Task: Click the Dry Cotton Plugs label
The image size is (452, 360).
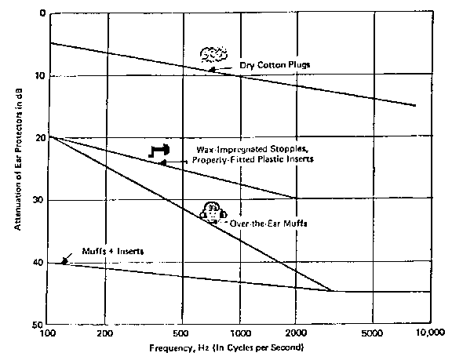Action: click(275, 65)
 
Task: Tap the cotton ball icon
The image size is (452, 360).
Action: click(213, 54)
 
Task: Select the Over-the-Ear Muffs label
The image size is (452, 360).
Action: click(268, 224)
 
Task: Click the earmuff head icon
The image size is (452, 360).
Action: click(213, 213)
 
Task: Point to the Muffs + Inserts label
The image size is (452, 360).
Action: click(113, 251)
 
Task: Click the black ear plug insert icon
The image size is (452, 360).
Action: click(159, 150)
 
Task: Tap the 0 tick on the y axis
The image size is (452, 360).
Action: click(42, 13)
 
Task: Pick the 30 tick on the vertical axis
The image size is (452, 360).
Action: click(39, 199)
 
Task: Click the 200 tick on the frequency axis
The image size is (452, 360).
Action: click(104, 333)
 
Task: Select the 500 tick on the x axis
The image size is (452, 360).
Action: click(180, 333)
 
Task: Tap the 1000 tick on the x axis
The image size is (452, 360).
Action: click(240, 333)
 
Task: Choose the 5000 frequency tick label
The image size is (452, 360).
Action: click(372, 333)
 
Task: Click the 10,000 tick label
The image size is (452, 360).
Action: click(430, 333)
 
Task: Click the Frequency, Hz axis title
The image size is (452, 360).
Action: click(226, 348)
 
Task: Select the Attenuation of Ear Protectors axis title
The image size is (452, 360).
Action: click(18, 159)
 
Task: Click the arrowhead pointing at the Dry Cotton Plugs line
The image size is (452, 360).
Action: click(212, 69)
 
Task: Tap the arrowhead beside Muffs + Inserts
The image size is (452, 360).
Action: click(65, 261)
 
